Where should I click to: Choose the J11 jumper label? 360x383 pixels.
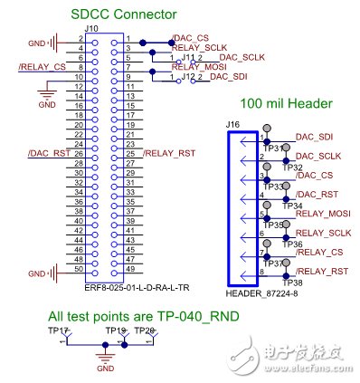coord(188,58)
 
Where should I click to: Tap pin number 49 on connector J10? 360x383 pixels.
coord(131,268)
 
